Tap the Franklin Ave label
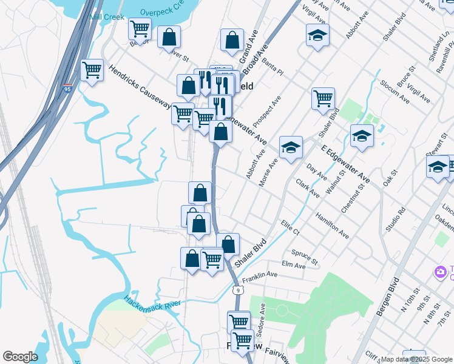(x=260, y=277)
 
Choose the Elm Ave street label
(x=294, y=265)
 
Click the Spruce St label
(x=305, y=257)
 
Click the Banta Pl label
(x=272, y=67)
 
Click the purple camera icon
(x=440, y=272)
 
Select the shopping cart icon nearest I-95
(x=92, y=70)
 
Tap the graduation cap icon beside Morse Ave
(x=291, y=147)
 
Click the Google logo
(x=21, y=357)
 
